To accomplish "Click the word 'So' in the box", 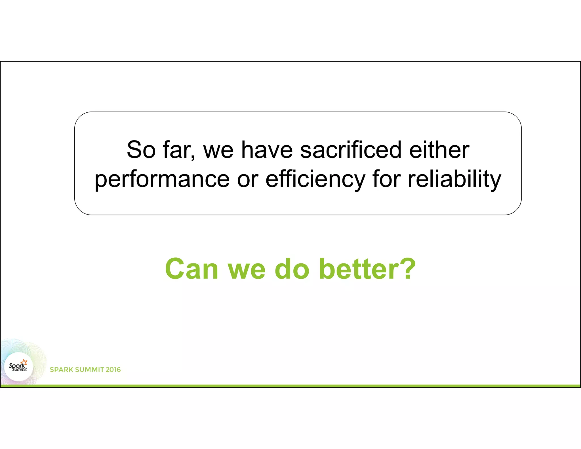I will click(x=141, y=150).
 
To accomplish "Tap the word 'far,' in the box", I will click(x=179, y=150).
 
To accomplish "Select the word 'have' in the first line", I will click(x=267, y=150).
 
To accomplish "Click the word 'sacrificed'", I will click(x=351, y=150).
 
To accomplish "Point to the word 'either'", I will click(x=439, y=150).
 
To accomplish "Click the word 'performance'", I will click(x=162, y=180).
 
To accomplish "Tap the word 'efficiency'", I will click(x=315, y=180).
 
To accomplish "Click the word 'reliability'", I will click(x=454, y=180).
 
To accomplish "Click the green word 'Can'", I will click(x=191, y=269).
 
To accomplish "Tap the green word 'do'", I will click(x=292, y=269).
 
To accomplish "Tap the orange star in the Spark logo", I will click(x=24, y=362).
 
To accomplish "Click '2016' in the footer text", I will click(x=113, y=370).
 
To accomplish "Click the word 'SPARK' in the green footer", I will click(x=61, y=370).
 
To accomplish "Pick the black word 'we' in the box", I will click(x=218, y=150).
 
